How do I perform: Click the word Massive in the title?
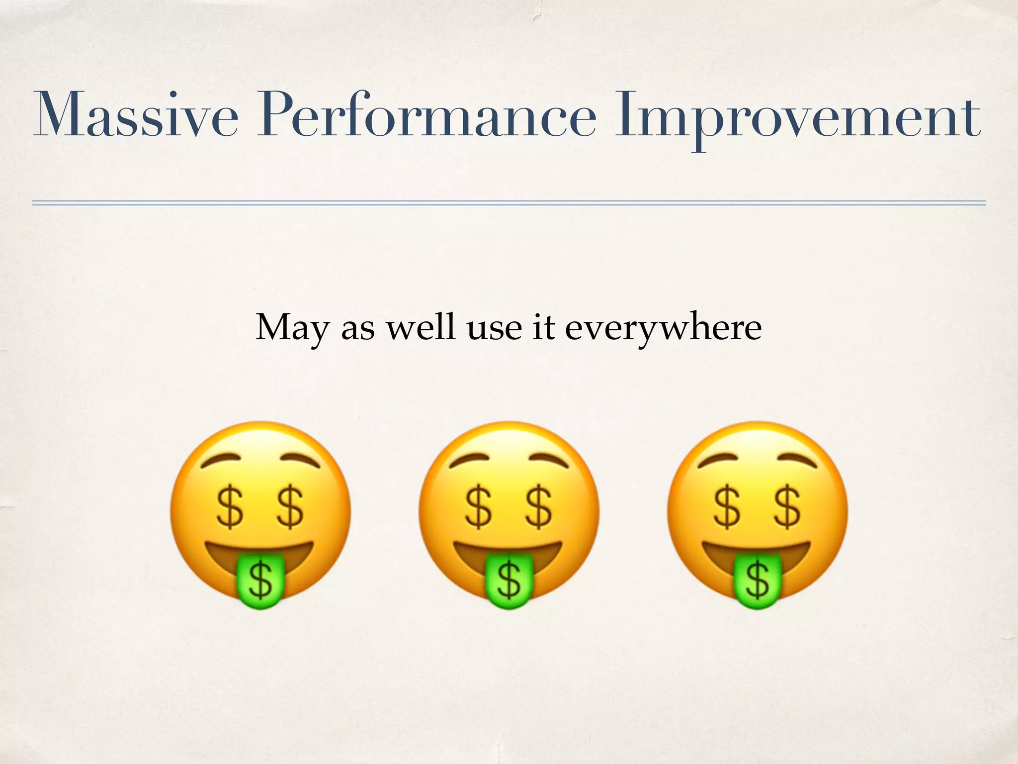click(135, 115)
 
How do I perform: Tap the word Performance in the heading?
click(426, 115)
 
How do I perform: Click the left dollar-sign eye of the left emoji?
click(230, 507)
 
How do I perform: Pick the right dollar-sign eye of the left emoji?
click(290, 507)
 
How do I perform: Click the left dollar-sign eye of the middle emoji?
click(478, 507)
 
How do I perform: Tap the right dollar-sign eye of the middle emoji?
click(539, 507)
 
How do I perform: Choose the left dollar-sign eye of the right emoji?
click(727, 507)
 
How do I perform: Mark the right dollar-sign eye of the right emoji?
click(787, 507)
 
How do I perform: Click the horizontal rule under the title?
click(509, 203)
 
